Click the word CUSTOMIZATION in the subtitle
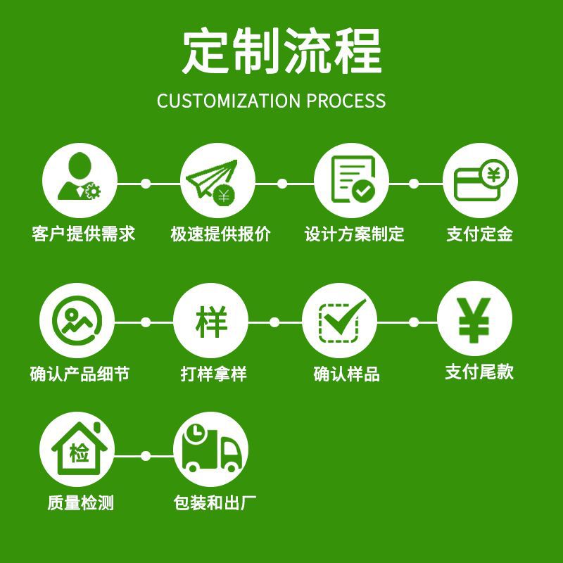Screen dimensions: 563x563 (x=228, y=101)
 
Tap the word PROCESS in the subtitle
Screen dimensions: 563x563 (x=346, y=101)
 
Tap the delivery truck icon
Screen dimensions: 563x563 (x=210, y=454)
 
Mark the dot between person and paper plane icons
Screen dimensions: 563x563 (x=146, y=184)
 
